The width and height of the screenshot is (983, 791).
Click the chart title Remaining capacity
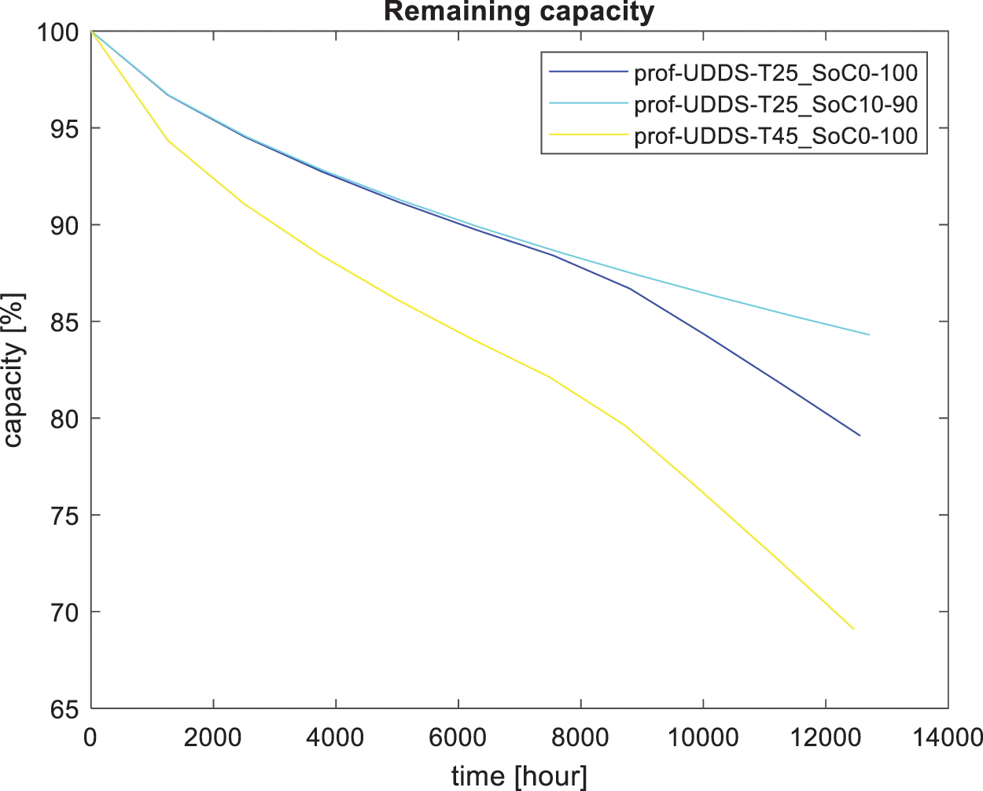[519, 12]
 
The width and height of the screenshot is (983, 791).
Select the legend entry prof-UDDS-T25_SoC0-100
[775, 72]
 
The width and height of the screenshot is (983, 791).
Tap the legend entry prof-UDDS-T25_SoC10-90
[775, 104]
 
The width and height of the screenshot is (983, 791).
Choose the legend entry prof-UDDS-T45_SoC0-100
[775, 135]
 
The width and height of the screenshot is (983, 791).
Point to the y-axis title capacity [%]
[13, 370]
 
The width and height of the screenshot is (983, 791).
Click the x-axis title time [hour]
[519, 776]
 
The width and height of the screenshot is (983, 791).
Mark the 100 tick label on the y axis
[57, 32]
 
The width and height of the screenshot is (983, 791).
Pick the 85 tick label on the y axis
[65, 322]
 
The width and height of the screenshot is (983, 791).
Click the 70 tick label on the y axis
[65, 612]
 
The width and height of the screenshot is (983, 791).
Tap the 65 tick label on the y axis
[65, 708]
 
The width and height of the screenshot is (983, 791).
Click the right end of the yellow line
[853, 629]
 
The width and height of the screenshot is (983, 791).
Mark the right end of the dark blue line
[860, 435]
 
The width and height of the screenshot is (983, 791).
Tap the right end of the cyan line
[868, 335]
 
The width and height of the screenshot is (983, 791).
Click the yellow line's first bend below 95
[168, 141]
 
